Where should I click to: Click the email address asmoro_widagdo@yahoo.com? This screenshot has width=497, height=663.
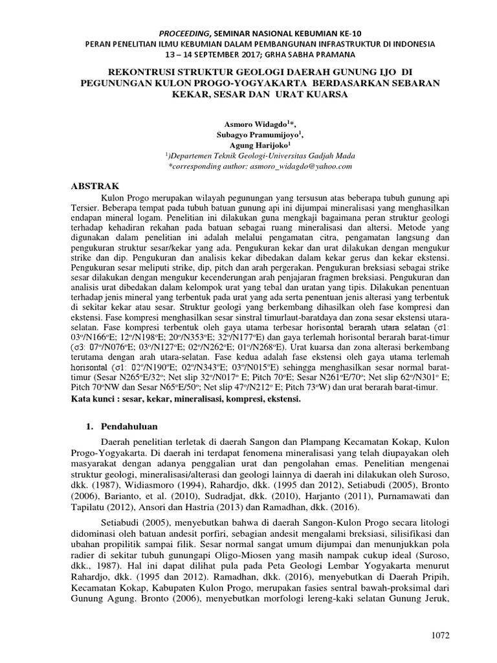click(x=303, y=166)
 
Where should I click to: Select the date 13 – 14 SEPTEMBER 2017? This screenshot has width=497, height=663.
click(x=207, y=54)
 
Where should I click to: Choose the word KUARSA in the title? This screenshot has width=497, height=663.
click(x=327, y=95)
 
